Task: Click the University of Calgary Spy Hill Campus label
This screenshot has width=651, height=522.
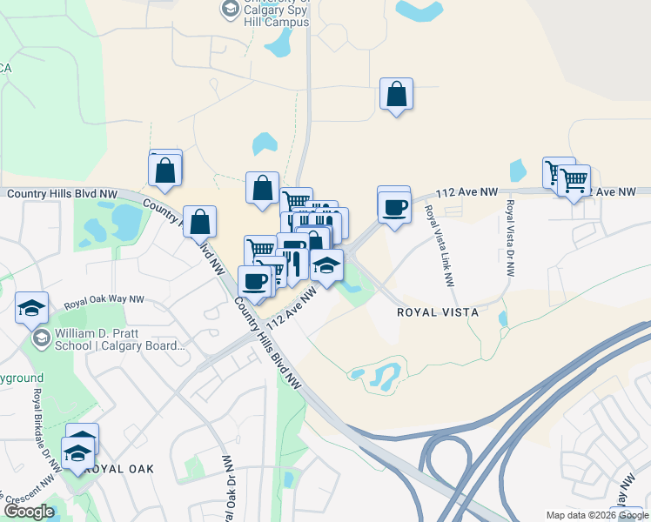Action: (276, 12)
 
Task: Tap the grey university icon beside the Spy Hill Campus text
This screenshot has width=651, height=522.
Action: (230, 10)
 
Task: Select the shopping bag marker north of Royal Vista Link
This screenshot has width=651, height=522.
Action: (396, 95)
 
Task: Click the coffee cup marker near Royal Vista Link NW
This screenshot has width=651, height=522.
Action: (394, 206)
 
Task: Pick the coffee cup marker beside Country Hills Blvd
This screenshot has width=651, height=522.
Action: (255, 282)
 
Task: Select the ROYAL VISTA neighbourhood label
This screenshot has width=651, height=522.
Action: (432, 311)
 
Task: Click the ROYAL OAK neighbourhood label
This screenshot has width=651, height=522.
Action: (121, 468)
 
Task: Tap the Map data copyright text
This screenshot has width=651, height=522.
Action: (597, 515)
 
